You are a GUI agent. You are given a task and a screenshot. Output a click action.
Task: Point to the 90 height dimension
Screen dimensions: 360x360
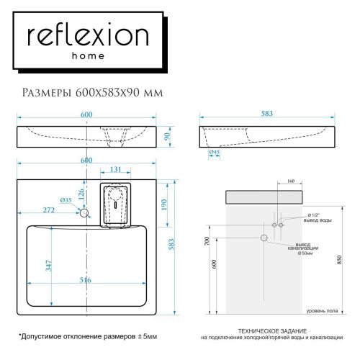pyautogui.click(x=167, y=137)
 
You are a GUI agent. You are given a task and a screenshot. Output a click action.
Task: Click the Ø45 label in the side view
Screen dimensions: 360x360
pyautogui.click(x=214, y=153)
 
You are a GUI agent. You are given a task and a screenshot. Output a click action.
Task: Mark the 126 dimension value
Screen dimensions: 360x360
pyautogui.click(x=82, y=194)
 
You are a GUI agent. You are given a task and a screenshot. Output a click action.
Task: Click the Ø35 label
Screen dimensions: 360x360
pyautogui.click(x=65, y=199)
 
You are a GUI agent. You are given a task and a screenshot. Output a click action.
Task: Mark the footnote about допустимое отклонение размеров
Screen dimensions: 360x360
pyautogui.click(x=87, y=337)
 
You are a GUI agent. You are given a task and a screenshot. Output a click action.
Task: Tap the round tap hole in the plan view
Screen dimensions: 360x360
pyautogui.click(x=84, y=213)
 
